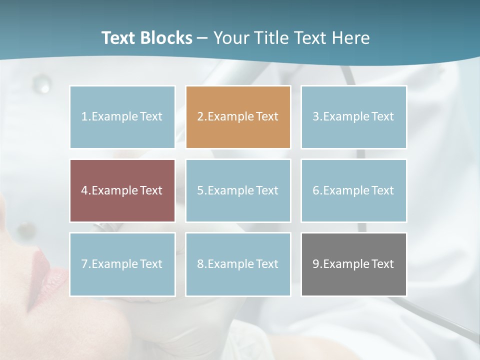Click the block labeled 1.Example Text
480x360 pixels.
pos(122,117)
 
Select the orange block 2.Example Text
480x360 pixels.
pos(238,117)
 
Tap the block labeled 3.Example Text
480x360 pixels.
pos(353,117)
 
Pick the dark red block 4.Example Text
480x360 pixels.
pos(122,190)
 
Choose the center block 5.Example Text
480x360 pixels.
pos(238,190)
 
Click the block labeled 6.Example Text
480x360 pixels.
pos(353,190)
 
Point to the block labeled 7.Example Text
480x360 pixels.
pos(122,264)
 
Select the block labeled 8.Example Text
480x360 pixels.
pos(238,264)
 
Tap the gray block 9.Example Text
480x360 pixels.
pos(353,264)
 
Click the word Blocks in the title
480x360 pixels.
pos(167,38)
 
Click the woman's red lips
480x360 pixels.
pos(47,275)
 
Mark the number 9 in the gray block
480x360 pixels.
pos(316,264)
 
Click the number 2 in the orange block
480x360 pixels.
pos(200,117)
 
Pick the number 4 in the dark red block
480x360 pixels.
pos(84,190)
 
